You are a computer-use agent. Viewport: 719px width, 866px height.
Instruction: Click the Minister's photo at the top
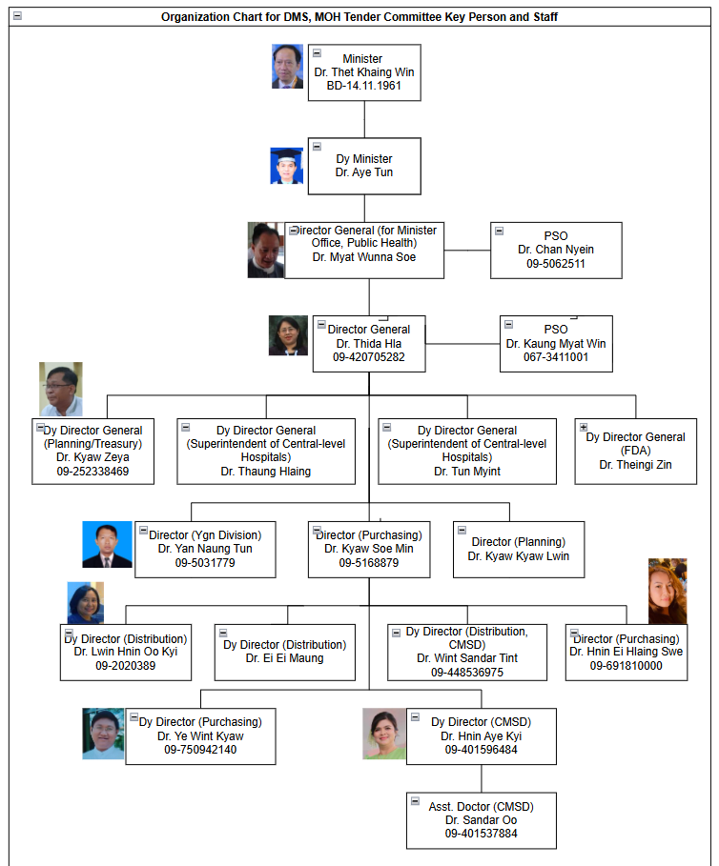pyautogui.click(x=287, y=67)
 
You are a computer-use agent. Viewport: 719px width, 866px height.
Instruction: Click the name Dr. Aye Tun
pyautogui.click(x=363, y=172)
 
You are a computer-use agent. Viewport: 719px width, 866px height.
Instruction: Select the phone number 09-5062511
pyautogui.click(x=556, y=263)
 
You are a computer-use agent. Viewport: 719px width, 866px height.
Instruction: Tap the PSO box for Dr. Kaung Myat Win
pyautogui.click(x=556, y=343)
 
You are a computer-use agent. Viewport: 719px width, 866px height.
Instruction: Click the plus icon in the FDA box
pyautogui.click(x=584, y=427)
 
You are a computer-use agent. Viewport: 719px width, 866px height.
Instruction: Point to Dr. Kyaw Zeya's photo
pyautogui.click(x=61, y=389)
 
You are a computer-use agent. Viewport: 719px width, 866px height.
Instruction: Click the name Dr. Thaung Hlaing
pyautogui.click(x=265, y=471)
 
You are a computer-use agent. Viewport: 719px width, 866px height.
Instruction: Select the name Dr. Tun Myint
pyautogui.click(x=466, y=471)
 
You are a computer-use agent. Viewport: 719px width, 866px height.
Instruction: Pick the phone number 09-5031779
pyautogui.click(x=205, y=562)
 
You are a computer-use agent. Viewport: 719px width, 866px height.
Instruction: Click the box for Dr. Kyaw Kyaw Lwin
pyautogui.click(x=518, y=549)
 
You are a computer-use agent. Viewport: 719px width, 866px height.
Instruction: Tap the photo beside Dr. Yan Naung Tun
pyautogui.click(x=107, y=545)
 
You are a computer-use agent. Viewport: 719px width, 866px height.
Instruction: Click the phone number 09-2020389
pyautogui.click(x=125, y=665)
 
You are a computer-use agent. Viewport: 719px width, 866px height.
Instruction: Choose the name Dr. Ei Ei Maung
pyautogui.click(x=284, y=657)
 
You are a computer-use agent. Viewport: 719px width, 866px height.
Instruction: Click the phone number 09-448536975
pyautogui.click(x=466, y=672)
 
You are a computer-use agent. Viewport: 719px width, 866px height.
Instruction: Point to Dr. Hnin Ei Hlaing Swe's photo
pyautogui.click(x=668, y=592)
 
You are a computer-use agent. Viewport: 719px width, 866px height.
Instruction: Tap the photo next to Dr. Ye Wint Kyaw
pyautogui.click(x=103, y=734)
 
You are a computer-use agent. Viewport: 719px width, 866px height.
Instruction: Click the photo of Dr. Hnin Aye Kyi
pyautogui.click(x=384, y=734)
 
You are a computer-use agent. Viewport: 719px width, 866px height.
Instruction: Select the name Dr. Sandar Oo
pyautogui.click(x=481, y=820)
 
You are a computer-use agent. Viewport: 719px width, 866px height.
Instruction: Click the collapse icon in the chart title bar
pyautogui.click(x=17, y=16)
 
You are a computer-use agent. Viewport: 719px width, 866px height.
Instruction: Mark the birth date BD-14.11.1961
pyautogui.click(x=363, y=86)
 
